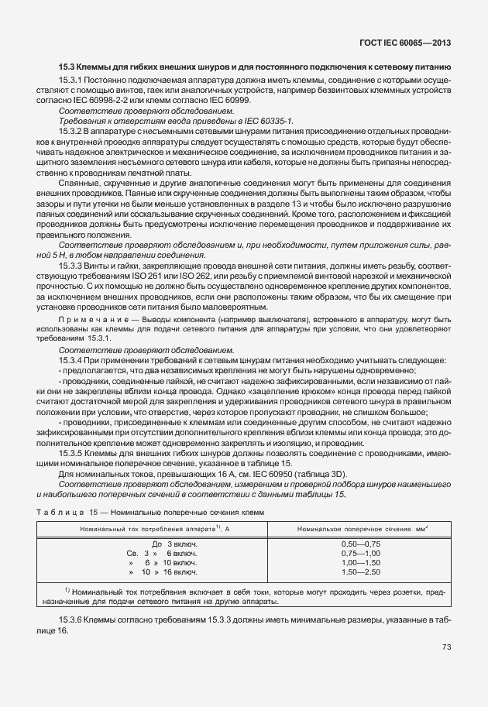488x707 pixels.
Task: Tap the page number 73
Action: point(446,647)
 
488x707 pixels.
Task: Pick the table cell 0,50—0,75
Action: point(360,544)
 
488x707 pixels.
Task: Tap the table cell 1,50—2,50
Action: point(360,571)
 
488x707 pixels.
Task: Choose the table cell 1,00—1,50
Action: point(360,562)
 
